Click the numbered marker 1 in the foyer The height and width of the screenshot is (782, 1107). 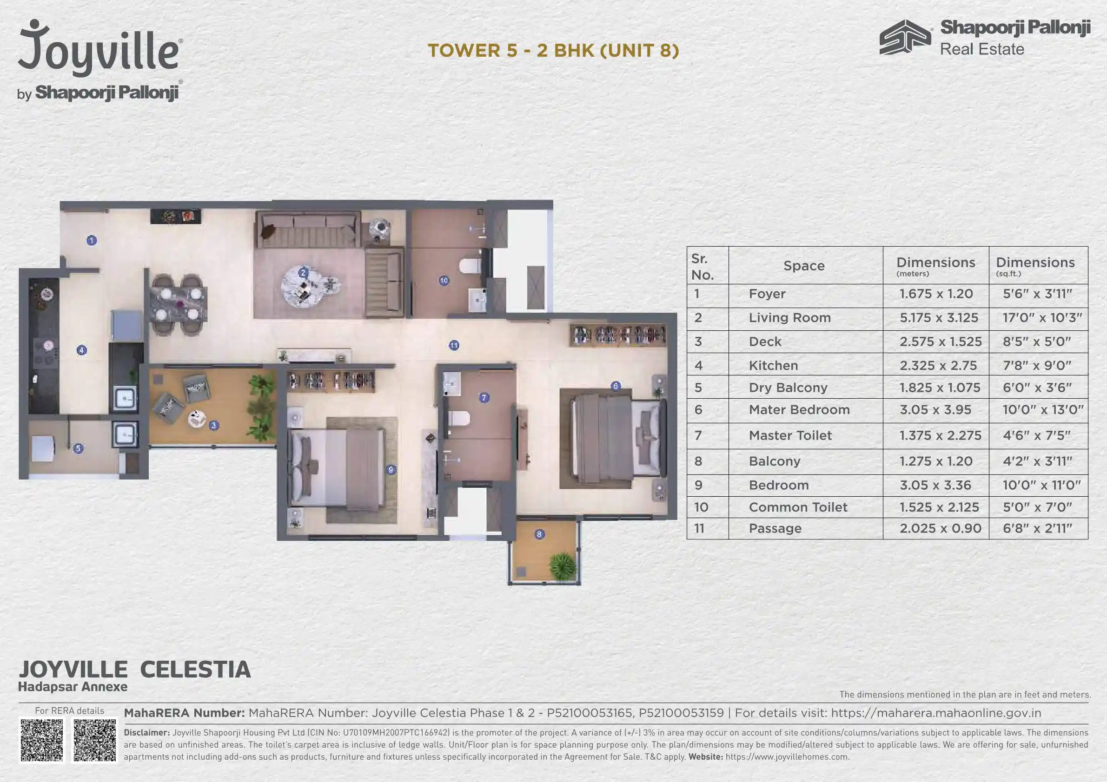[x=92, y=240]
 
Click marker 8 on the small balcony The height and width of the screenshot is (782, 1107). [x=539, y=534]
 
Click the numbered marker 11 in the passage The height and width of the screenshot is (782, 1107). [x=454, y=345]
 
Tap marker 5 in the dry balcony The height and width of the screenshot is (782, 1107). [x=78, y=448]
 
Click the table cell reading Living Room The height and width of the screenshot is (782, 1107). [x=789, y=317]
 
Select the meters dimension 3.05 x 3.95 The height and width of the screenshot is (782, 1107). [x=935, y=410]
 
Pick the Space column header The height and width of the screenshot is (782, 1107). [x=804, y=265]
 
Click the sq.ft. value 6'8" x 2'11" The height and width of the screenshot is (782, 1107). [x=1037, y=529]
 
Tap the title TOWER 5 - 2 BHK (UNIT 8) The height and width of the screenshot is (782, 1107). [x=553, y=51]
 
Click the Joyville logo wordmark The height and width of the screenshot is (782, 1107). [x=100, y=51]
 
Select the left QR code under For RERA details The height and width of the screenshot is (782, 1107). [x=42, y=741]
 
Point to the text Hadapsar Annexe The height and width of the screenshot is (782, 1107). [x=73, y=687]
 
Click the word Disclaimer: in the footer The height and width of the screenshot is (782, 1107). [x=146, y=732]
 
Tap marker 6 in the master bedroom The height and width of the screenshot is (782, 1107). [x=615, y=386]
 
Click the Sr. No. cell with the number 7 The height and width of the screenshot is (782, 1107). [x=698, y=435]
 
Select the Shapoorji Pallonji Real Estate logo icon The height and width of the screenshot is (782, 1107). [x=905, y=37]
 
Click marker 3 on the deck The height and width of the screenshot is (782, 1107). [x=213, y=425]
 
